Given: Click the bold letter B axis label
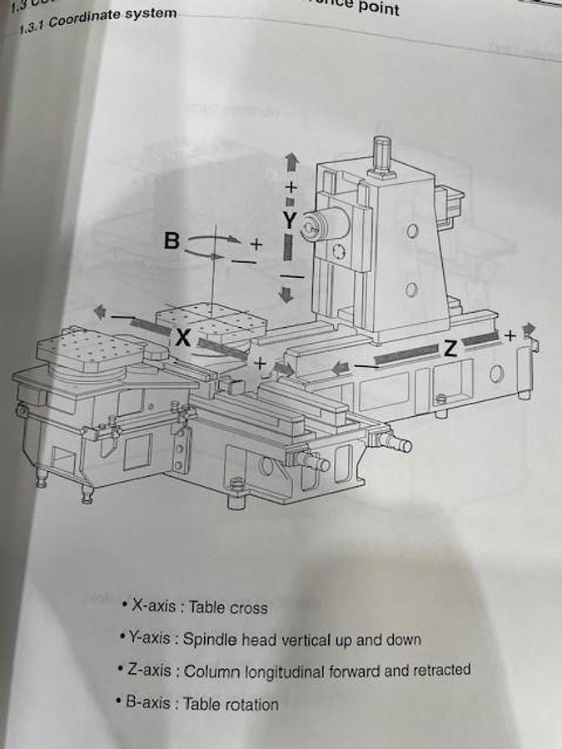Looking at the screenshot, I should pos(172,241).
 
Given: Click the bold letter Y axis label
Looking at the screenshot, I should pos(289,220).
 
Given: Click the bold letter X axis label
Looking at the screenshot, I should pos(183,337).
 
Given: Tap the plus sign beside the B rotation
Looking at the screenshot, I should pos(256,244).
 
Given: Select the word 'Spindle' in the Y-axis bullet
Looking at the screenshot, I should pos(211,640).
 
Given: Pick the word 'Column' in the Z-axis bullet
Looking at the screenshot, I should pos(210,672).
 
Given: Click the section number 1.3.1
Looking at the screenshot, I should pos(32,27).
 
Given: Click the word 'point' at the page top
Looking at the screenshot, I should pos(379,8).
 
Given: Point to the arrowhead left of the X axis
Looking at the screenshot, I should pos(100,311).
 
